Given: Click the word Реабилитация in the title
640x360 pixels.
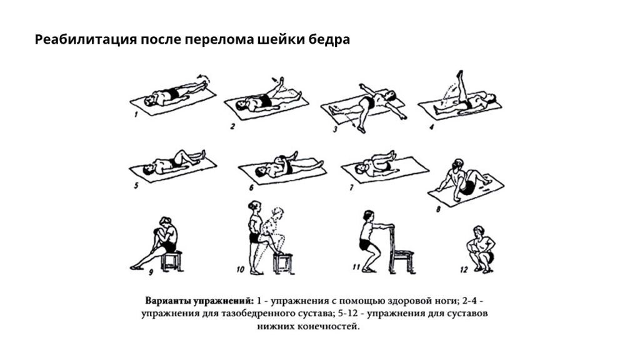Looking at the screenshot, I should point(77,40).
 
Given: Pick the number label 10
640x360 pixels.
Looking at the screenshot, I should point(240,270).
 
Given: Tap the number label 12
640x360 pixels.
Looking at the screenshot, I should point(463,270).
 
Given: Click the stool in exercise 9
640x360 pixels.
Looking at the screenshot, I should point(171,259).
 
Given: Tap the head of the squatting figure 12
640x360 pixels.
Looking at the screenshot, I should point(480,231).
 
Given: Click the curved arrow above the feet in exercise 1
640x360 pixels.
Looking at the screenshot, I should point(203,76).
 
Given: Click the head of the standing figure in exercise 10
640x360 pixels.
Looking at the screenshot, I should point(254,206).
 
